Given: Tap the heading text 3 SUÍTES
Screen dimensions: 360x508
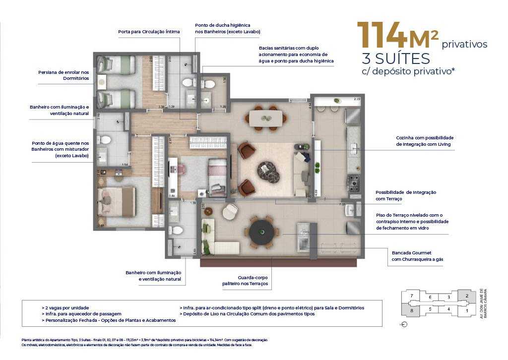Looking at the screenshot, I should coord(396,59).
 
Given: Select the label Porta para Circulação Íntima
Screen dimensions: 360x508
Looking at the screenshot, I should coord(149,32).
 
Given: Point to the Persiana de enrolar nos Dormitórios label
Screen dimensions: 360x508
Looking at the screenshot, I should coord(63,75).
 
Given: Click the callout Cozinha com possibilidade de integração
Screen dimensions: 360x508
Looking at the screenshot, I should coord(425,141).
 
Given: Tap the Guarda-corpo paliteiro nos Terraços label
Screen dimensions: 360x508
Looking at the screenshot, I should coord(245,280).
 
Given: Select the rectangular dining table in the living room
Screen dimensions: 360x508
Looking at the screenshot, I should coord(265,118).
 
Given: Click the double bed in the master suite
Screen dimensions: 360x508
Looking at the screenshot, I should coord(116,201).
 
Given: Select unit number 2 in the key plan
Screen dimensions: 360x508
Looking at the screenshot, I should coord(466,296).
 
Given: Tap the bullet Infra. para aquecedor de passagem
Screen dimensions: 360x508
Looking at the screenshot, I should coord(81,314).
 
